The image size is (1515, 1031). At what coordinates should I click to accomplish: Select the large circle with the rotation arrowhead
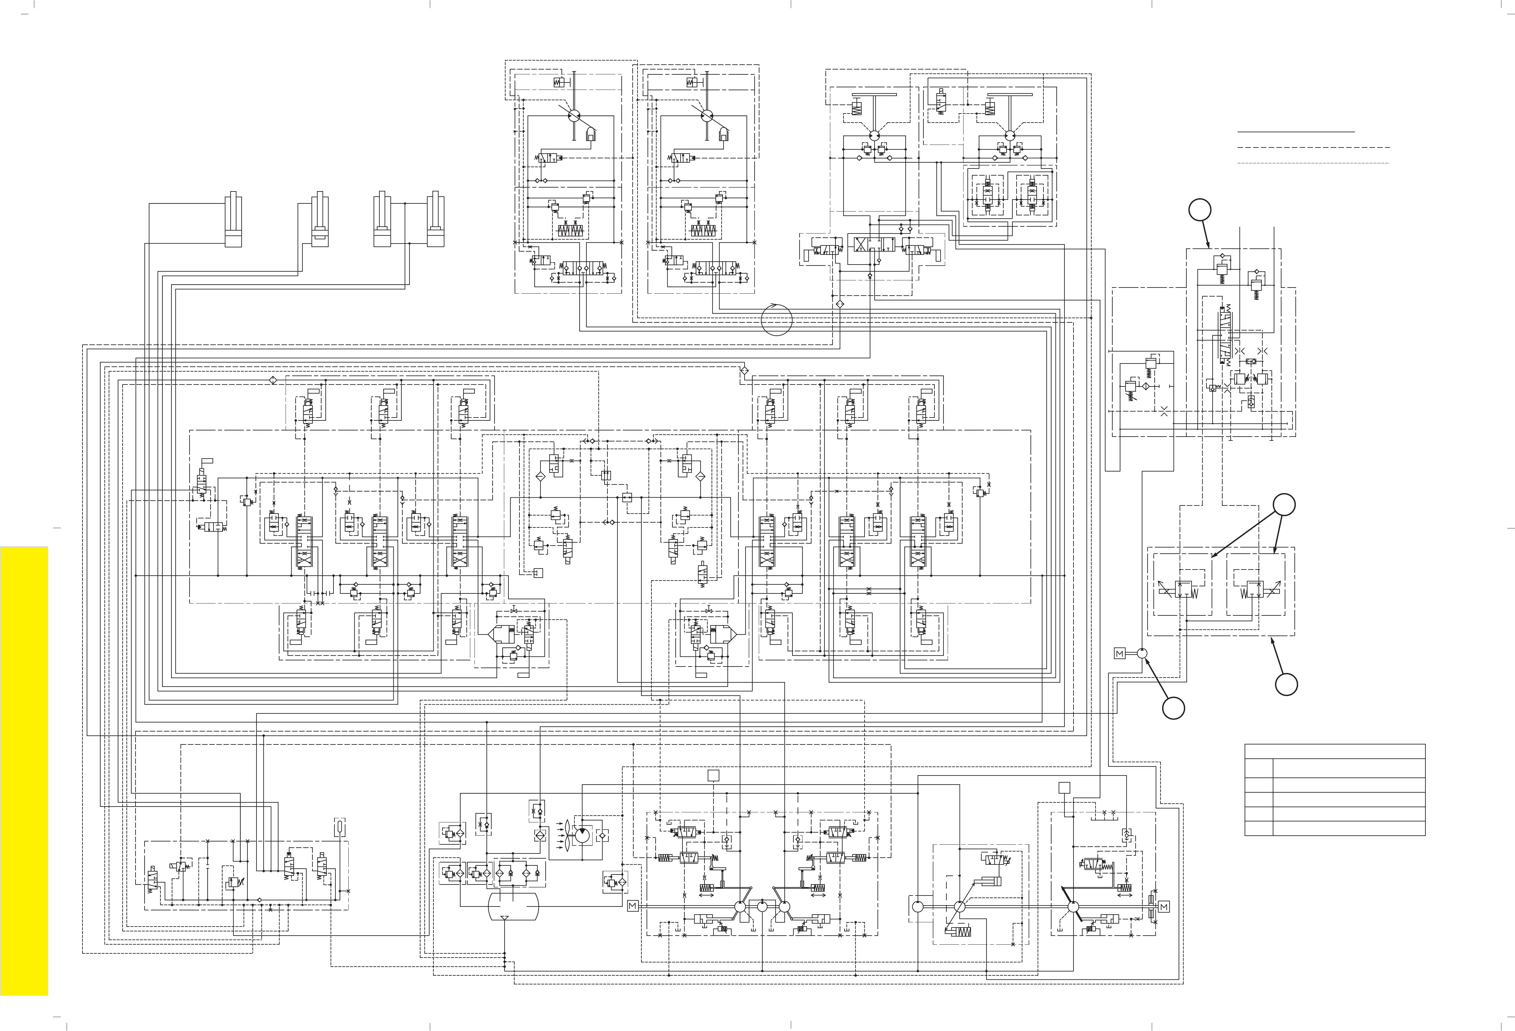[x=776, y=319]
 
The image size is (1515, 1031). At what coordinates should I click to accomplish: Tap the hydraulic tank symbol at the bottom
[x=514, y=906]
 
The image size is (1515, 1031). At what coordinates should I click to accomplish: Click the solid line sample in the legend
[x=1296, y=132]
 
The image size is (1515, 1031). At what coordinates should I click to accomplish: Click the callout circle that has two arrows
[x=1284, y=505]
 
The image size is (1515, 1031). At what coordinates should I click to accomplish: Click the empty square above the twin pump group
[x=713, y=776]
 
